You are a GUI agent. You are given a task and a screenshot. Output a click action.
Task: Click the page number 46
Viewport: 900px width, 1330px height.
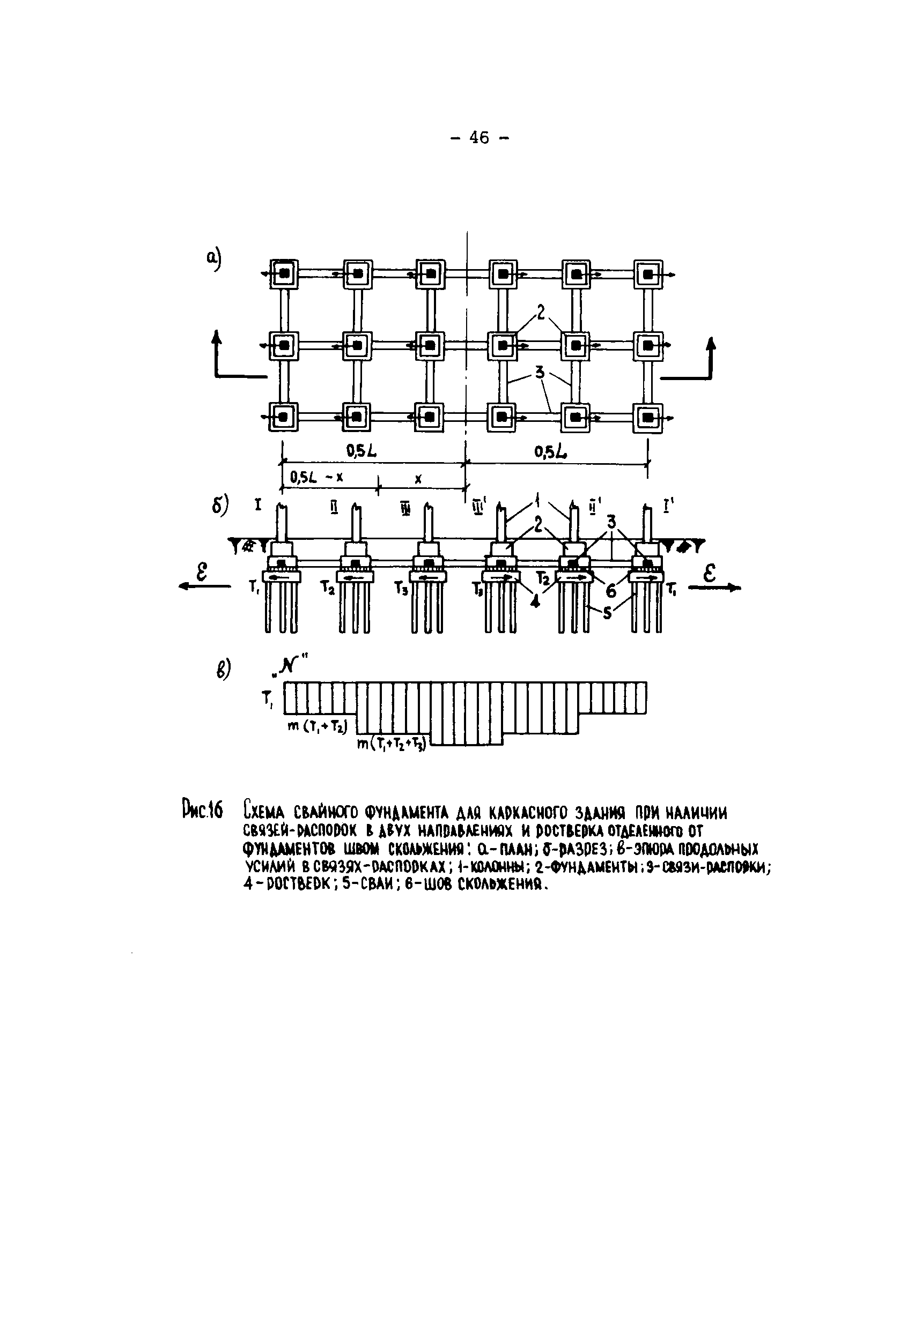pyautogui.click(x=479, y=137)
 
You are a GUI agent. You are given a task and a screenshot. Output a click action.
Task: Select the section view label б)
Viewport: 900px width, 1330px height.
pyautogui.click(x=220, y=505)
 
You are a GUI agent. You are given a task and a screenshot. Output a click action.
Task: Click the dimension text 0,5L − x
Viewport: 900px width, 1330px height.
pyautogui.click(x=316, y=477)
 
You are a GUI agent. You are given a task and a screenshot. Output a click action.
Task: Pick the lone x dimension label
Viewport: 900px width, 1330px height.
pyautogui.click(x=418, y=480)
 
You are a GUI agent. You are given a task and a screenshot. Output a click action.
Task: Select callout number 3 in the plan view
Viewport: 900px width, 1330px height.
pyautogui.click(x=540, y=373)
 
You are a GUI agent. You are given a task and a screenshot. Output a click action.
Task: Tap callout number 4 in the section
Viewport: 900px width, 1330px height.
pyautogui.click(x=535, y=601)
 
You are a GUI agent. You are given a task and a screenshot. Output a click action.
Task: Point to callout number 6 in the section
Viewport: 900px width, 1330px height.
pyautogui.click(x=611, y=590)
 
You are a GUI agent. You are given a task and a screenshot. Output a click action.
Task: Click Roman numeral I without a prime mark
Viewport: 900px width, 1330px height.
pyautogui.click(x=258, y=506)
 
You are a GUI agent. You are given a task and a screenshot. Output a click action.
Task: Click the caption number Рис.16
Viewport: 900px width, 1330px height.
pyautogui.click(x=202, y=812)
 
